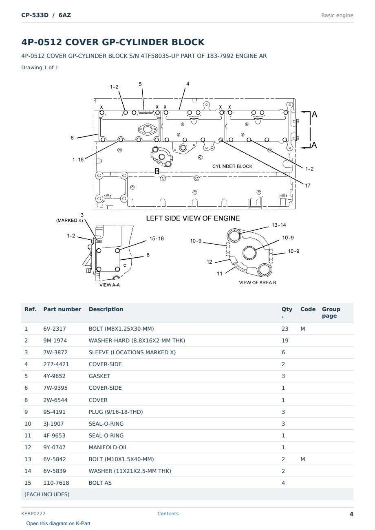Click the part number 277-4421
[56, 364]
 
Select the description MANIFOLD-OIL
[108, 447]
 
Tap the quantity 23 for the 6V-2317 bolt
[285, 329]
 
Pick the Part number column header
[62, 309]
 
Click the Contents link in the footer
[168, 513]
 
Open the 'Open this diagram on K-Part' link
[58, 523]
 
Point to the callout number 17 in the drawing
[308, 186]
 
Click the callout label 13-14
[279, 225]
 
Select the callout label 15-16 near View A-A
[157, 238]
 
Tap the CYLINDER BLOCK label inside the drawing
[232, 166]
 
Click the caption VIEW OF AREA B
[258, 283]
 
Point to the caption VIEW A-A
[110, 285]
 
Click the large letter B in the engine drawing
[157, 171]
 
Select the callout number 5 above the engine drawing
[140, 84]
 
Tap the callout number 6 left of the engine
[72, 138]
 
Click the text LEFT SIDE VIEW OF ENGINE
[193, 218]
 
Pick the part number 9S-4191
[55, 412]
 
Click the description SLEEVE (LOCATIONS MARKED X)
[132, 352]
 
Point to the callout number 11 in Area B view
[220, 274]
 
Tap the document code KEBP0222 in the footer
[33, 513]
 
